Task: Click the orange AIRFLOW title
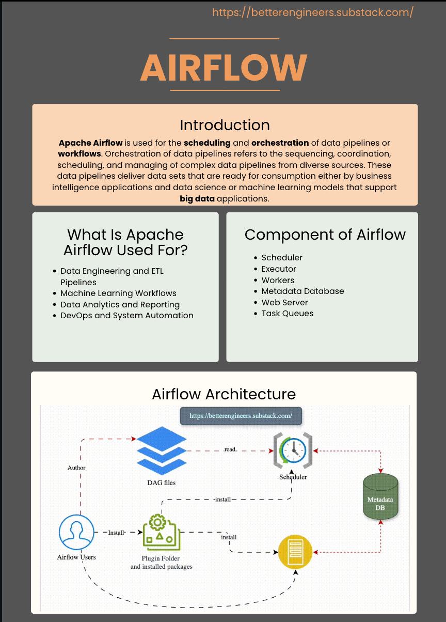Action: point(224,67)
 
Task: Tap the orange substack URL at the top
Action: point(313,12)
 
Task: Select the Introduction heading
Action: point(225,125)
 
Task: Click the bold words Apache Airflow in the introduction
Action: point(91,143)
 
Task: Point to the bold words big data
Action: point(197,198)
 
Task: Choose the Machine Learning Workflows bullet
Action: point(118,293)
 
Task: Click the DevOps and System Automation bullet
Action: point(126,316)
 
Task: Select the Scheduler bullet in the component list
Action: point(282,258)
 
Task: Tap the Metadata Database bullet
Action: point(302,291)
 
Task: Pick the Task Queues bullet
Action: point(287,314)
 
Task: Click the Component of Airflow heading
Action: point(325,235)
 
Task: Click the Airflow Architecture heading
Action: point(224,394)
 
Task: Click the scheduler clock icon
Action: point(293,451)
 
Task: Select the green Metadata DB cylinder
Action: point(380,498)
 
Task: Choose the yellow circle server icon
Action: point(296,552)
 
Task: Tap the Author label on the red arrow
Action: point(76,468)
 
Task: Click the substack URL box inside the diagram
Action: point(241,415)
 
